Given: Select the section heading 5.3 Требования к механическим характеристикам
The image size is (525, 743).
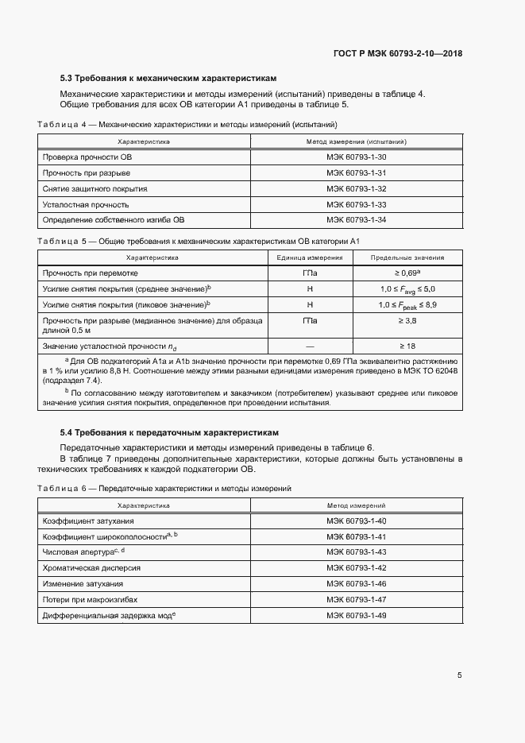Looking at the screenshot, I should [168, 79].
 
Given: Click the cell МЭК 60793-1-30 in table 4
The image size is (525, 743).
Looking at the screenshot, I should [356, 157].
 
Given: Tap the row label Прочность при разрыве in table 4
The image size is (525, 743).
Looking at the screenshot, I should [87, 172].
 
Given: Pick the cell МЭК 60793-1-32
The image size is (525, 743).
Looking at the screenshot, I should [356, 188].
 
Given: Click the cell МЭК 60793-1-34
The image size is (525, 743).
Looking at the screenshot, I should [356, 219].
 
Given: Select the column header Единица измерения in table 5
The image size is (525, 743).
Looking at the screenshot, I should [310, 257].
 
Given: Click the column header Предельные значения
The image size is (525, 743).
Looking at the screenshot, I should [407, 257].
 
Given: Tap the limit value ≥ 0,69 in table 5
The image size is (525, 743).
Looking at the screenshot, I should [407, 273].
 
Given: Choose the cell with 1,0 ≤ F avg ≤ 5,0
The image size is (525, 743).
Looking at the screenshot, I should [407, 288].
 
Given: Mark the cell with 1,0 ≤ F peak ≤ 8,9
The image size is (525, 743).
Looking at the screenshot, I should [407, 304].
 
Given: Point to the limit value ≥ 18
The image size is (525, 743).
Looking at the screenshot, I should [407, 346].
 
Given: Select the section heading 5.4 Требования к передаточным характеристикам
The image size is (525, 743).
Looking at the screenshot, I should [169, 432].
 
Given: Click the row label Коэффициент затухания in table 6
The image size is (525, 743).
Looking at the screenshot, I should [88, 520].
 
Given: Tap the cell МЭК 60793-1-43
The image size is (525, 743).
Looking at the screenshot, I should [356, 551].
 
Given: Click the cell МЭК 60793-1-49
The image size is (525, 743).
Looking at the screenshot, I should [356, 615].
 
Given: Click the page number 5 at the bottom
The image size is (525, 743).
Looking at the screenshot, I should [460, 675].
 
